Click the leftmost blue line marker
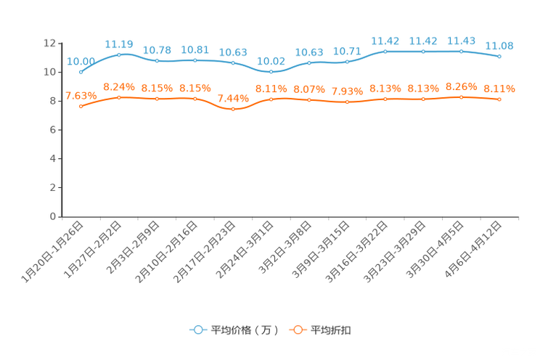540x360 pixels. point(81,73)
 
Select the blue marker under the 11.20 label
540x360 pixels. point(119,54)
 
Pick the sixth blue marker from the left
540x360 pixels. point(271,72)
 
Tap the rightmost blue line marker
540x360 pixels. point(499,57)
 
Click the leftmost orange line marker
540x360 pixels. point(81,107)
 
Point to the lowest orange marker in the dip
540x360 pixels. point(233,110)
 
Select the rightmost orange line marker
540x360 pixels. point(499,99)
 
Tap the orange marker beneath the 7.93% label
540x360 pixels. point(347,103)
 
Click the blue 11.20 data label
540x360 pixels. point(119,44)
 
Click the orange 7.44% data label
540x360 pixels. point(233,99)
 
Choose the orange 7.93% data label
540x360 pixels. point(347,92)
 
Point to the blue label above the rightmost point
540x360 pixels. point(499,46)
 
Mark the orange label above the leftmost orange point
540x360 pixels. point(81,96)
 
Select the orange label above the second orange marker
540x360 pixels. point(119,86)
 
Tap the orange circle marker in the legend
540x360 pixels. point(298,330)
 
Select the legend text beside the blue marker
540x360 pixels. point(245,330)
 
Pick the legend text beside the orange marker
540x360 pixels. point(332,330)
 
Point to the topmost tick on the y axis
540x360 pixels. point(60,44)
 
